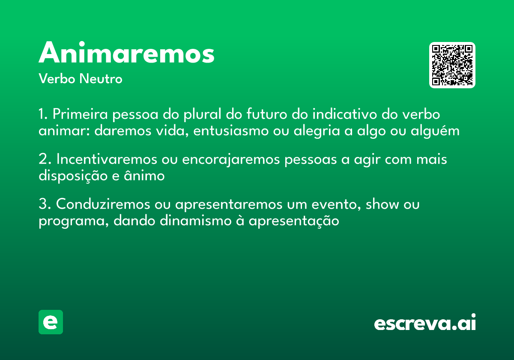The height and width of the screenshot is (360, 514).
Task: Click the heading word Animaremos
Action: point(126,54)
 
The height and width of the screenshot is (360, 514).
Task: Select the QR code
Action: point(452,65)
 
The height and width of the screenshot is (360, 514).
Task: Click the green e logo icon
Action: point(51,322)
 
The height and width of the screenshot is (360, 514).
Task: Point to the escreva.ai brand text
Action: point(425,323)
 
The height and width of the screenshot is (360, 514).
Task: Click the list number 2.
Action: point(43,160)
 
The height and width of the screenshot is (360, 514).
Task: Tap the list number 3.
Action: point(43,205)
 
